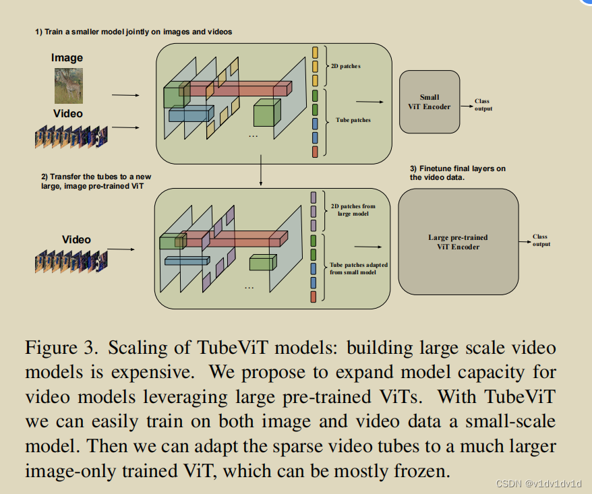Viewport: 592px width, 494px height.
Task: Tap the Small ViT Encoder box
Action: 429,102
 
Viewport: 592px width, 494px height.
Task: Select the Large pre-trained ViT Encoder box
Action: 458,242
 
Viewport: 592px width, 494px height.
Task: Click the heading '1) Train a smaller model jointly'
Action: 134,32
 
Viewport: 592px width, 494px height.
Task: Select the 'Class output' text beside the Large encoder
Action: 540,241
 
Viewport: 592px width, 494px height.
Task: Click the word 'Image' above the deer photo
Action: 67,59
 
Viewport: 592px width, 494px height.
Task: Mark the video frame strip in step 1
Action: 71,137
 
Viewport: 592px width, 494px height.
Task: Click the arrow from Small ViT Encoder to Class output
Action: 465,104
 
